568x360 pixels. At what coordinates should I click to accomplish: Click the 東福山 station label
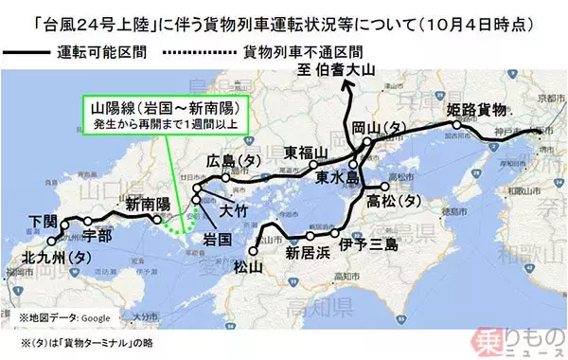305,153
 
